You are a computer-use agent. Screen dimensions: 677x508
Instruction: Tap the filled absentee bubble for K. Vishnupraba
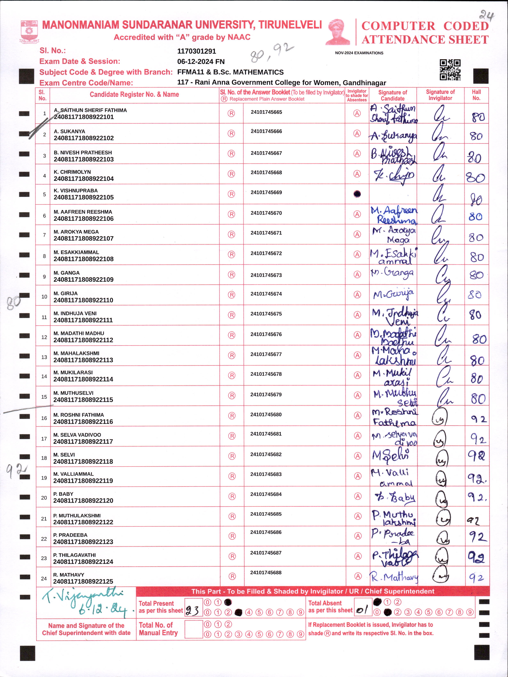357,194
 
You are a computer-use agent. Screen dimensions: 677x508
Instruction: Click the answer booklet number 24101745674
266,294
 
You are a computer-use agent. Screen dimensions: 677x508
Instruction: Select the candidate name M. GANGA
66,273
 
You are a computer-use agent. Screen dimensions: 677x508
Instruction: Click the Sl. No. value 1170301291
197,51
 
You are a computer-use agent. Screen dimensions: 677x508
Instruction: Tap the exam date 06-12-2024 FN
201,62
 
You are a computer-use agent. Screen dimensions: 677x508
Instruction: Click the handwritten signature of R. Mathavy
394,578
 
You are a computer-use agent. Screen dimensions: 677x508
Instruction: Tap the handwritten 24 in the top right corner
487,15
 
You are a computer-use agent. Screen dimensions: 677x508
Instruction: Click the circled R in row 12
232,335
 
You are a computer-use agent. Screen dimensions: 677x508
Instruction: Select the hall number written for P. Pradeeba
477,537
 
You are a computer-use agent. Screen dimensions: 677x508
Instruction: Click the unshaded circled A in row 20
357,496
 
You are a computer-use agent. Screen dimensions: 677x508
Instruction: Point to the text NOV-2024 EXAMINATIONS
359,53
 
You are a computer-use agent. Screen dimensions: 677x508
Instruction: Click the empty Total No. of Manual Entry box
193,629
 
